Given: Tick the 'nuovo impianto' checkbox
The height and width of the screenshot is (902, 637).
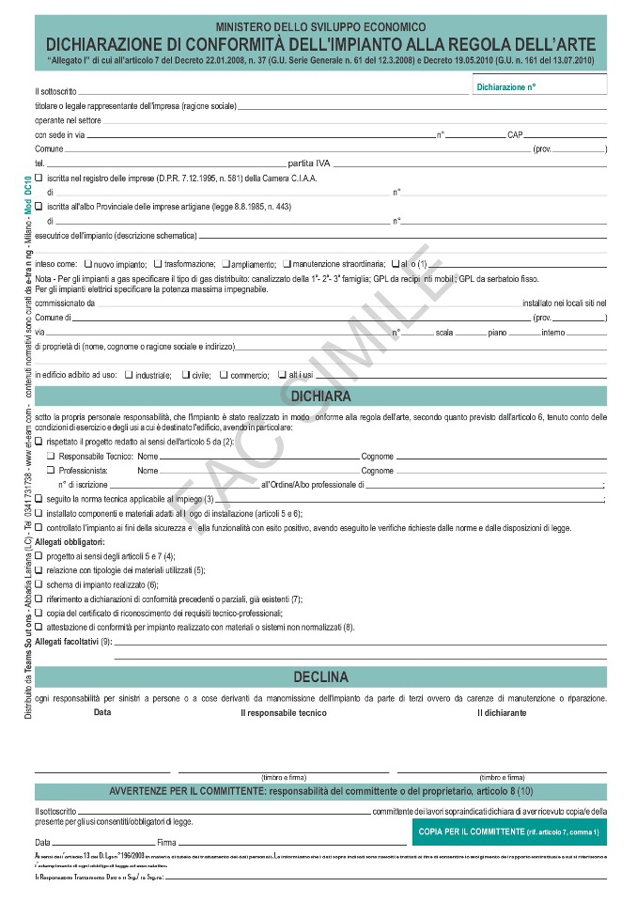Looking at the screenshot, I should [87, 264].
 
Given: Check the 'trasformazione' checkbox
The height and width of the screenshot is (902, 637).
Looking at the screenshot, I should [157, 264].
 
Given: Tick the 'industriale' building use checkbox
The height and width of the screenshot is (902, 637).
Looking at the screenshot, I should [128, 374].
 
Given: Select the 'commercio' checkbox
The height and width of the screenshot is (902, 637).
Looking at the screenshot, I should [223, 374].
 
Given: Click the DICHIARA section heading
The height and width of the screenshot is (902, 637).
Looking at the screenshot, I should [320, 397].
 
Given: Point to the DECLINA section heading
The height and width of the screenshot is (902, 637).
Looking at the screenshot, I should [320, 676].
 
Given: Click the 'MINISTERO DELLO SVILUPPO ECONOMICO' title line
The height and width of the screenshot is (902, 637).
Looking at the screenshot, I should [320, 28].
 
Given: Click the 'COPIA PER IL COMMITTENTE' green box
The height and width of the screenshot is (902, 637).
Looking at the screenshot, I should [508, 832].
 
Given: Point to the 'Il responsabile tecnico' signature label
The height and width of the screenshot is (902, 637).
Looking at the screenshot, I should [283, 712].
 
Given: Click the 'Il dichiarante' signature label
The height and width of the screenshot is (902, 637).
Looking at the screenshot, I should [501, 712].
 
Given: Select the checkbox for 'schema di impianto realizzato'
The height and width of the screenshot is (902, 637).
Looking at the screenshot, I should [39, 583].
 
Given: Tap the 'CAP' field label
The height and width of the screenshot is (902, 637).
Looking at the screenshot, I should [515, 135].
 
